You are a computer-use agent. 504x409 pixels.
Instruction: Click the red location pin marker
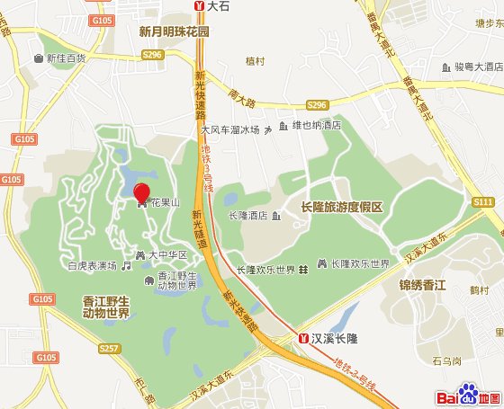(142, 192)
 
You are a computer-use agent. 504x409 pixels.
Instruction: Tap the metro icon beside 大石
(199, 5)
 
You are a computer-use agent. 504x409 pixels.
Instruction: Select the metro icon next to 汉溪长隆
(303, 338)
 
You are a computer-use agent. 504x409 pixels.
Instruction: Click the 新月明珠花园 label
(175, 31)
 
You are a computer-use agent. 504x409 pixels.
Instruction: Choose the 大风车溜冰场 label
(229, 129)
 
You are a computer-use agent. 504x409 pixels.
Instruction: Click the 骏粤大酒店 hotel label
(477, 67)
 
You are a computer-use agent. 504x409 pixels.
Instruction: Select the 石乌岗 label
(445, 361)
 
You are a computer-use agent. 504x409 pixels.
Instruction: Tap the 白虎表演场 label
(93, 266)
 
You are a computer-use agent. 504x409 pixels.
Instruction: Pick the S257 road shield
(109, 347)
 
